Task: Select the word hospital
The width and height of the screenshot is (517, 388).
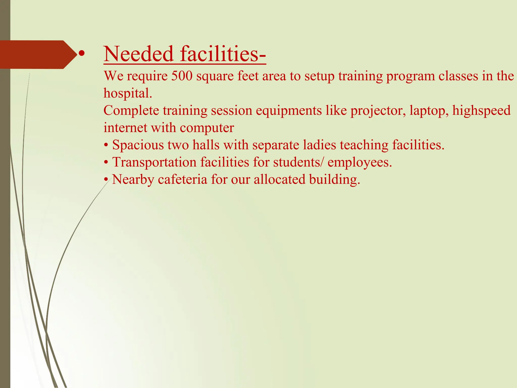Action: (x=128, y=93)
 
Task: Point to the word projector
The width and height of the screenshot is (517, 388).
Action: (x=378, y=111)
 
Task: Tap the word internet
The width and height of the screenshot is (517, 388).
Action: (x=125, y=128)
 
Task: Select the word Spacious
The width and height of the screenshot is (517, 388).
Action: (x=138, y=145)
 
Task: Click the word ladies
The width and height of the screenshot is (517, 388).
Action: (x=320, y=145)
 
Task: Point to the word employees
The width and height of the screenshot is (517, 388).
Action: (x=360, y=162)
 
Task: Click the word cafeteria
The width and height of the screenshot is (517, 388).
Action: (x=183, y=179)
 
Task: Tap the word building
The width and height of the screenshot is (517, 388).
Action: (x=334, y=179)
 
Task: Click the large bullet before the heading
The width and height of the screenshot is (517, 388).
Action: (x=81, y=54)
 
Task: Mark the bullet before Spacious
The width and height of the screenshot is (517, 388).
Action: (x=106, y=145)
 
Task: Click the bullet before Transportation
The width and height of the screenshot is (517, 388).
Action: (x=106, y=163)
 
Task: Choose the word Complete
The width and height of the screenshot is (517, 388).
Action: (x=131, y=111)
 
